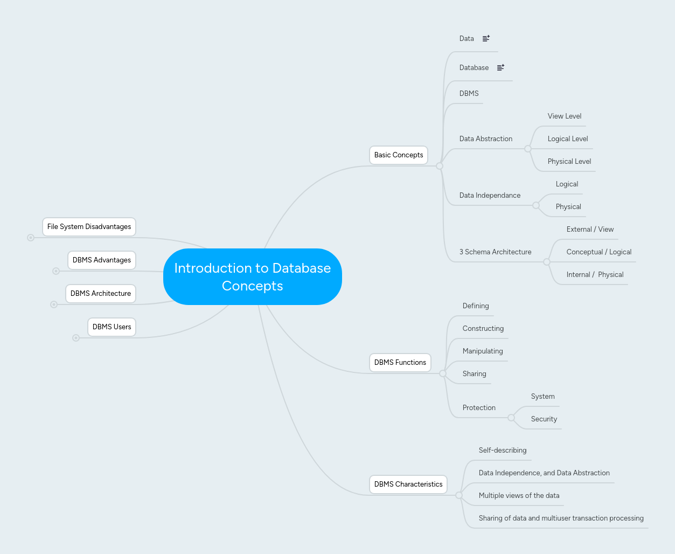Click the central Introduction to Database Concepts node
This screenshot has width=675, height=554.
pos(252,276)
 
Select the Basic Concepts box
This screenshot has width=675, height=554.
pos(399,155)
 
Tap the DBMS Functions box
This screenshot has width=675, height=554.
pos(400,363)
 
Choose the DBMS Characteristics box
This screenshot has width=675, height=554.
pos(408,484)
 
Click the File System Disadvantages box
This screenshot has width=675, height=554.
pos(89,227)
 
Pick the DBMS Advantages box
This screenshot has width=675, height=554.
pos(101,260)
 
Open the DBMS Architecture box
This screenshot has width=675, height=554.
pos(101,294)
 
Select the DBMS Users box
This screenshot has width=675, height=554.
pos(112,327)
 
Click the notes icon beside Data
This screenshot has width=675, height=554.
pos(486,38)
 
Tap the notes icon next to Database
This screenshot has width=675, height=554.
pos(500,67)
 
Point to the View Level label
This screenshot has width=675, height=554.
pos(564,116)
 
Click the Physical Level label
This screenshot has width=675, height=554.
pos(569,162)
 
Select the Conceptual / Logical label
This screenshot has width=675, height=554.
pos(599,252)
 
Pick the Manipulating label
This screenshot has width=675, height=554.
pos(482,351)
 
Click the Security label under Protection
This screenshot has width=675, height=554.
pos(544,419)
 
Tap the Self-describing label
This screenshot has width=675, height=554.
pos(502,451)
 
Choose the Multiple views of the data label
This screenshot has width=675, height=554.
pos(519,496)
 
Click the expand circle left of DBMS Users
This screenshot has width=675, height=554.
pos(76,338)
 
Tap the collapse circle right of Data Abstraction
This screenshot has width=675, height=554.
pos(528,149)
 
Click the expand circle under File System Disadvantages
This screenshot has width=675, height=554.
pos(31,238)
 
